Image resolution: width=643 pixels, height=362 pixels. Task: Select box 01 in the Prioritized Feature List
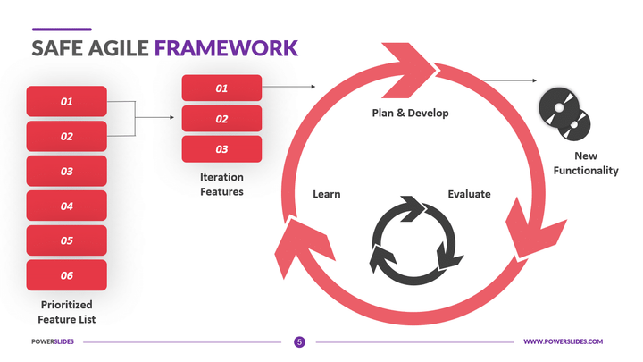[x=67, y=102]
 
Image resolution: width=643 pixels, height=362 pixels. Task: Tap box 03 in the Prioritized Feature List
[x=67, y=172]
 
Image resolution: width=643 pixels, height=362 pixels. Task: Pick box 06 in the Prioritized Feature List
[x=67, y=275]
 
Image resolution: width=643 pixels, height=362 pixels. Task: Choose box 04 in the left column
[x=67, y=206]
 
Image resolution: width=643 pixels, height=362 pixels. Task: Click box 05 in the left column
[x=67, y=240]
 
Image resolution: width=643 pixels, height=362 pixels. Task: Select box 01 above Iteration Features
[x=221, y=88]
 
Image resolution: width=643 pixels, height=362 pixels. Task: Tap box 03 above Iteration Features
[x=221, y=149]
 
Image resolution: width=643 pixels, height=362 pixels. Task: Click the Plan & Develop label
[x=410, y=114]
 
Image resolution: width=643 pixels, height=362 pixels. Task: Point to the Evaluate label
[x=469, y=194]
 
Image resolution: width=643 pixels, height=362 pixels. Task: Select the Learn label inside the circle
[x=326, y=194]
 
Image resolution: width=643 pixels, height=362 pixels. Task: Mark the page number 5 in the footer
[x=299, y=341]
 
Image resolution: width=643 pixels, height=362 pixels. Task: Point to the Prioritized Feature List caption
[x=67, y=312]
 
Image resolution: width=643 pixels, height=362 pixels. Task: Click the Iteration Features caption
[x=221, y=184]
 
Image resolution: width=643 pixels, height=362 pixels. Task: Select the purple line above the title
[x=61, y=29]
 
